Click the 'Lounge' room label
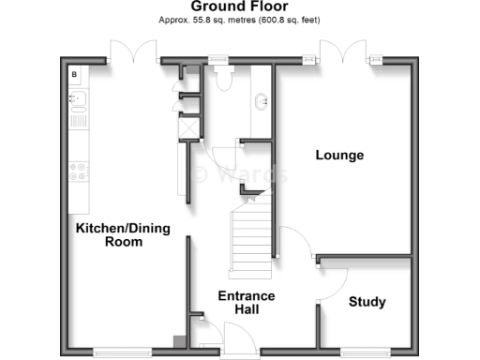tap(339, 155)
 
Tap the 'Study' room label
tap(367, 302)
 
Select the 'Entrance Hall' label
tap(246, 302)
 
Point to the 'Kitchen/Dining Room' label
tap(110, 234)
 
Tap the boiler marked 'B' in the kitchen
tap(75, 73)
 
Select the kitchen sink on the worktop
tap(78, 100)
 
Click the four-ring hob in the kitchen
tap(78, 172)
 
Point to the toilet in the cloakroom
tap(222, 80)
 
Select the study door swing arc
tap(336, 277)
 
